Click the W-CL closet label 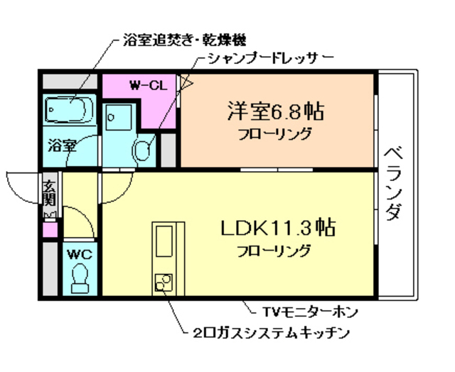pos(148,86)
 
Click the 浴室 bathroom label pos(62,147)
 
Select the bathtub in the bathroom pos(70,110)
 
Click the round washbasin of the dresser pos(144,150)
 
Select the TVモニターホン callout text pos(310,311)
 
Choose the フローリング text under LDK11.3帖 pos(274,250)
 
